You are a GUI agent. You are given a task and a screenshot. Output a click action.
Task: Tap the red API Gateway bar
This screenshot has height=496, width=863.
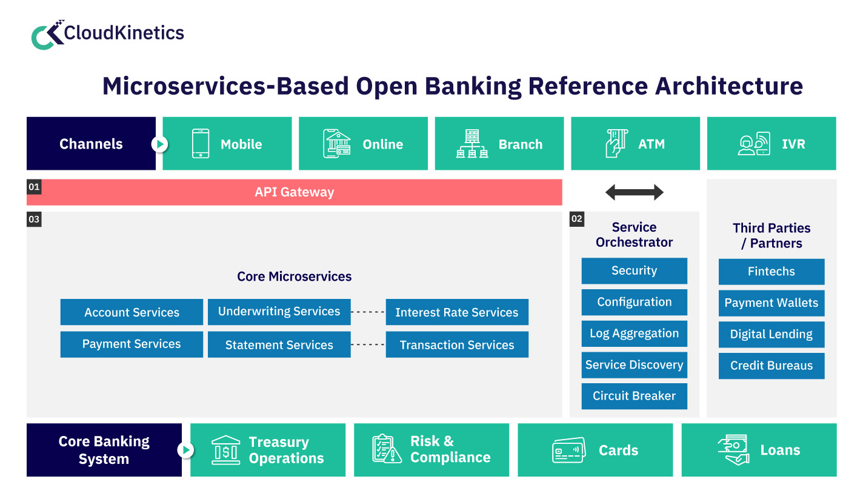(295, 192)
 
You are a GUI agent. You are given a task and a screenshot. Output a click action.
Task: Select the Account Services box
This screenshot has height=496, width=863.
(132, 312)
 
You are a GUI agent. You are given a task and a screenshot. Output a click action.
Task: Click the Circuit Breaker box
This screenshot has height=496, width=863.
(634, 396)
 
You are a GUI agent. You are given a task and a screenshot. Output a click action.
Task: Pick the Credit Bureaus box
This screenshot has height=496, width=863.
(771, 366)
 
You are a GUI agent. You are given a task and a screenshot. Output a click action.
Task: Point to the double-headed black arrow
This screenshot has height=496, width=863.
(635, 193)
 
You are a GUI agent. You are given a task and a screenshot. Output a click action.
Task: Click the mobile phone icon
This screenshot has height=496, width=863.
(201, 144)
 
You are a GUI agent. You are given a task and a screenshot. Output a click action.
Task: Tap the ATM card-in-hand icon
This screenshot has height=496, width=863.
(616, 144)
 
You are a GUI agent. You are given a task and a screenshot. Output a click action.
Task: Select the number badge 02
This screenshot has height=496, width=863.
(577, 219)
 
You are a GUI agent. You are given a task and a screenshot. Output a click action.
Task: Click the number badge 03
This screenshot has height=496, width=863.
(34, 219)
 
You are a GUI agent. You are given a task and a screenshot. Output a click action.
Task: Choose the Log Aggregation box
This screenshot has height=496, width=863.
(634, 333)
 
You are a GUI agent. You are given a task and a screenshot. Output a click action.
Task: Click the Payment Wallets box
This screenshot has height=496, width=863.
(771, 303)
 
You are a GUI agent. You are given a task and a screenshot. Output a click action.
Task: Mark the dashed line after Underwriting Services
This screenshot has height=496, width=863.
(368, 312)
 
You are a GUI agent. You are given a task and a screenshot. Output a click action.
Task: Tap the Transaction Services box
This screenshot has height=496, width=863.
(457, 344)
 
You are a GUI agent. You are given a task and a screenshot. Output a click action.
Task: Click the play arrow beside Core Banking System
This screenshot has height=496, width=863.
(186, 450)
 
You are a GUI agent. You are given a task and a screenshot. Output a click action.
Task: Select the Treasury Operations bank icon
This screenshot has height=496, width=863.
(225, 450)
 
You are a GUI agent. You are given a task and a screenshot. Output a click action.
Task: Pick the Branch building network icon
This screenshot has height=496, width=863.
(471, 144)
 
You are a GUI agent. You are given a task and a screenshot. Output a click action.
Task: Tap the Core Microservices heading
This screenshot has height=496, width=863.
(294, 276)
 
